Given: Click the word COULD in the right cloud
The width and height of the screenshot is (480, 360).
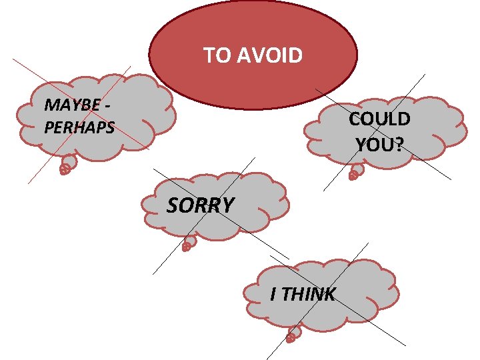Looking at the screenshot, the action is point(379,119).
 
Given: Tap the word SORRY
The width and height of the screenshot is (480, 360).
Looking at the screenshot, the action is point(200,205).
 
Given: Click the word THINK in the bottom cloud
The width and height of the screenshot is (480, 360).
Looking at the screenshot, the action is point(308,294).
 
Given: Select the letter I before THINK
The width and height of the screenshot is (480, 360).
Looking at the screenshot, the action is point(273,294).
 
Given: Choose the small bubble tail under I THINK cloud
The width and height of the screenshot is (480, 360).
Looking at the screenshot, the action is point(293,333).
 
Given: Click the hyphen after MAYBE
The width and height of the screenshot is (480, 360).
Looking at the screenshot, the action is point(109,105).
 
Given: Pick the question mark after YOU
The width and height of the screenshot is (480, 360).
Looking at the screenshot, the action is point(398,143).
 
